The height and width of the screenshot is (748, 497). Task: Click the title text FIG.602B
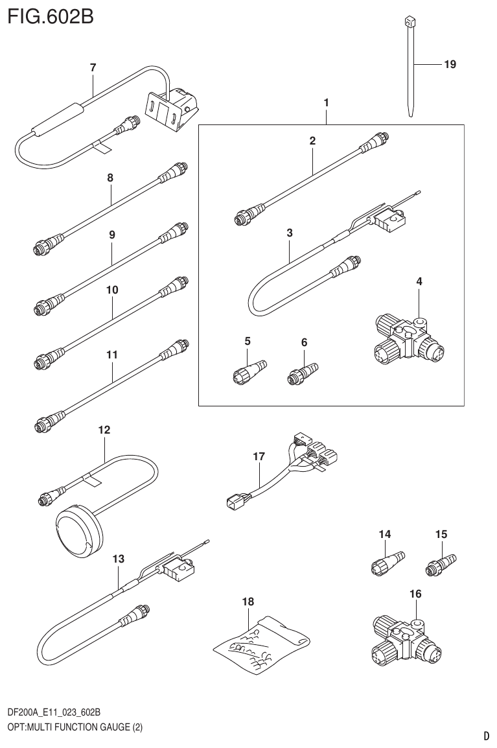[x=51, y=16]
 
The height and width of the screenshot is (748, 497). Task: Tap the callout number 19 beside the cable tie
[x=450, y=64]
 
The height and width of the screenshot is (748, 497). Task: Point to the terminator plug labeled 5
[x=247, y=372]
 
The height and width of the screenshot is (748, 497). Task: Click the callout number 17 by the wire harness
[x=259, y=457]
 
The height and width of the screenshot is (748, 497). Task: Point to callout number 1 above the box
[x=327, y=102]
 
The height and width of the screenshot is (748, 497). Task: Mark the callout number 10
[x=112, y=290]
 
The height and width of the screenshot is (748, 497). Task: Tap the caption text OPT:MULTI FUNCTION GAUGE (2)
[x=75, y=727]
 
